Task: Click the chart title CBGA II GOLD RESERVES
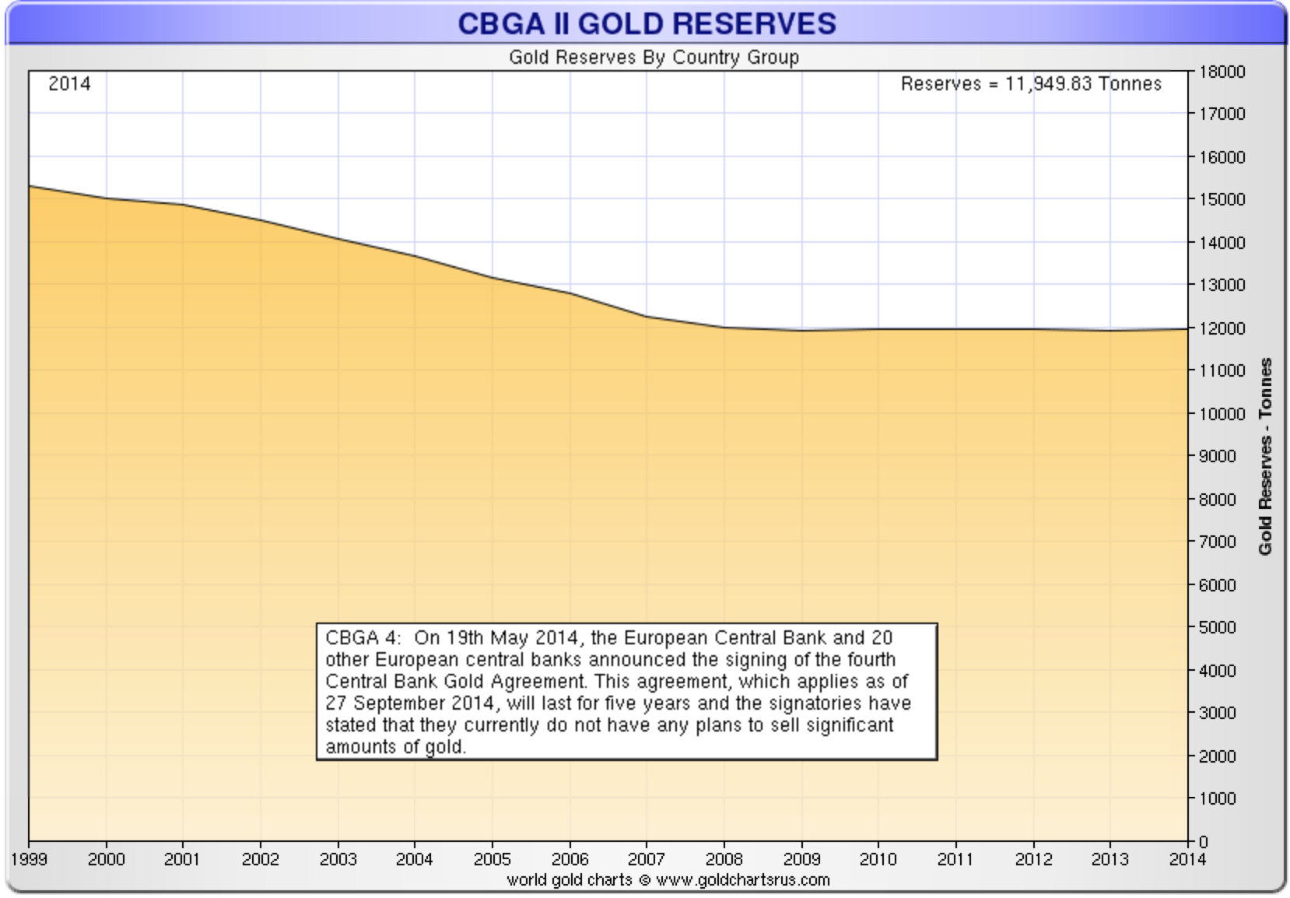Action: pyautogui.click(x=647, y=23)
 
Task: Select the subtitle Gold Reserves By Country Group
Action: pyautogui.click(x=654, y=58)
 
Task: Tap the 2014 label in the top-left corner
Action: pyautogui.click(x=69, y=84)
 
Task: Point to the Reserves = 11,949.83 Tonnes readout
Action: pyautogui.click(x=1031, y=84)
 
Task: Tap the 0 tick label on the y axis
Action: pyautogui.click(x=1204, y=841)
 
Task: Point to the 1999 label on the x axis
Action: pyautogui.click(x=29, y=859)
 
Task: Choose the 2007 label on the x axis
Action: pyautogui.click(x=647, y=859)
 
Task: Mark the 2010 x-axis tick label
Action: pyautogui.click(x=878, y=859)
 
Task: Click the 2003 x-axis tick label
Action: pyautogui.click(x=338, y=859)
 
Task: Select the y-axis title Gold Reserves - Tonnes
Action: pyautogui.click(x=1266, y=456)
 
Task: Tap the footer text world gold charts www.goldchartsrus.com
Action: pyautogui.click(x=668, y=880)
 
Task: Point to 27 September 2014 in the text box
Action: pyautogui.click(x=410, y=703)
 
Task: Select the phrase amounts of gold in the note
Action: pyautogui.click(x=395, y=747)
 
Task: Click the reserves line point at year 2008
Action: pyautogui.click(x=724, y=328)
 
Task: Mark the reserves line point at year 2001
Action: pyautogui.click(x=183, y=205)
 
